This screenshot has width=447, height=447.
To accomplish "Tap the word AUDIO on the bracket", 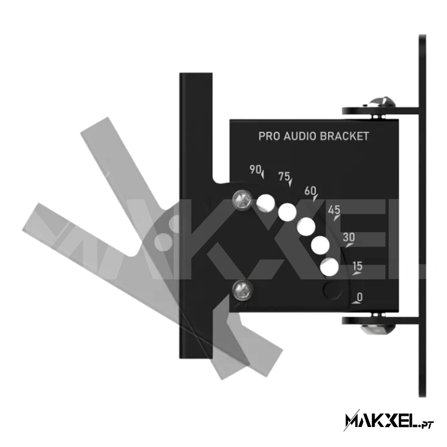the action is pyautogui.click(x=299, y=136).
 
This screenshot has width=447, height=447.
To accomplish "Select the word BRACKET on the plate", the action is pyautogui.click(x=345, y=136).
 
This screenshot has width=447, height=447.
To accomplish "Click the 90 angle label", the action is pyautogui.click(x=255, y=169).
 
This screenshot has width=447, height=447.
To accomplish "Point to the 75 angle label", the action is pyautogui.click(x=284, y=176).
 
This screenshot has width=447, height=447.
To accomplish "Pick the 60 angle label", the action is pyautogui.click(x=311, y=191).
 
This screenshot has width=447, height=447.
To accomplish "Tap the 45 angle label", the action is pyautogui.click(x=334, y=210).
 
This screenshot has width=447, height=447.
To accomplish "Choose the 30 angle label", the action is pyautogui.click(x=349, y=237).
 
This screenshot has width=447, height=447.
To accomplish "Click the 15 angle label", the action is pyautogui.click(x=358, y=266).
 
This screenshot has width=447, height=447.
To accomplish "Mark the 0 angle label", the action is pyautogui.click(x=360, y=297).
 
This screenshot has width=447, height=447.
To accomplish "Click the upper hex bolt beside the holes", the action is pyautogui.click(x=242, y=199).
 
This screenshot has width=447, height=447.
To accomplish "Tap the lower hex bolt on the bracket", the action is pyautogui.click(x=242, y=290).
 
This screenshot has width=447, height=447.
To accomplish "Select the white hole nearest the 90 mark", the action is pyautogui.click(x=265, y=204).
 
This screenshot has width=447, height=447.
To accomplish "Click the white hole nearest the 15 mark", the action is pyautogui.click(x=329, y=267).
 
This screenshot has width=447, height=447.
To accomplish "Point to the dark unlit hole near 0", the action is pyautogui.click(x=332, y=291).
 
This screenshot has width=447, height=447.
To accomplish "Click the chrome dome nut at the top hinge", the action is pyautogui.click(x=381, y=103).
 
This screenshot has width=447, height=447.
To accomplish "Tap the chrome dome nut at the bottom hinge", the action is pyautogui.click(x=378, y=329).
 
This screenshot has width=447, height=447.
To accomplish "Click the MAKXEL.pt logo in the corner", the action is pyautogui.click(x=389, y=420).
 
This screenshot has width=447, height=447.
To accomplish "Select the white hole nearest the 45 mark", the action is pyautogui.click(x=306, y=226).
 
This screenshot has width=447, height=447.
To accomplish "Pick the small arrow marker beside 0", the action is pyautogui.click(x=356, y=302).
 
